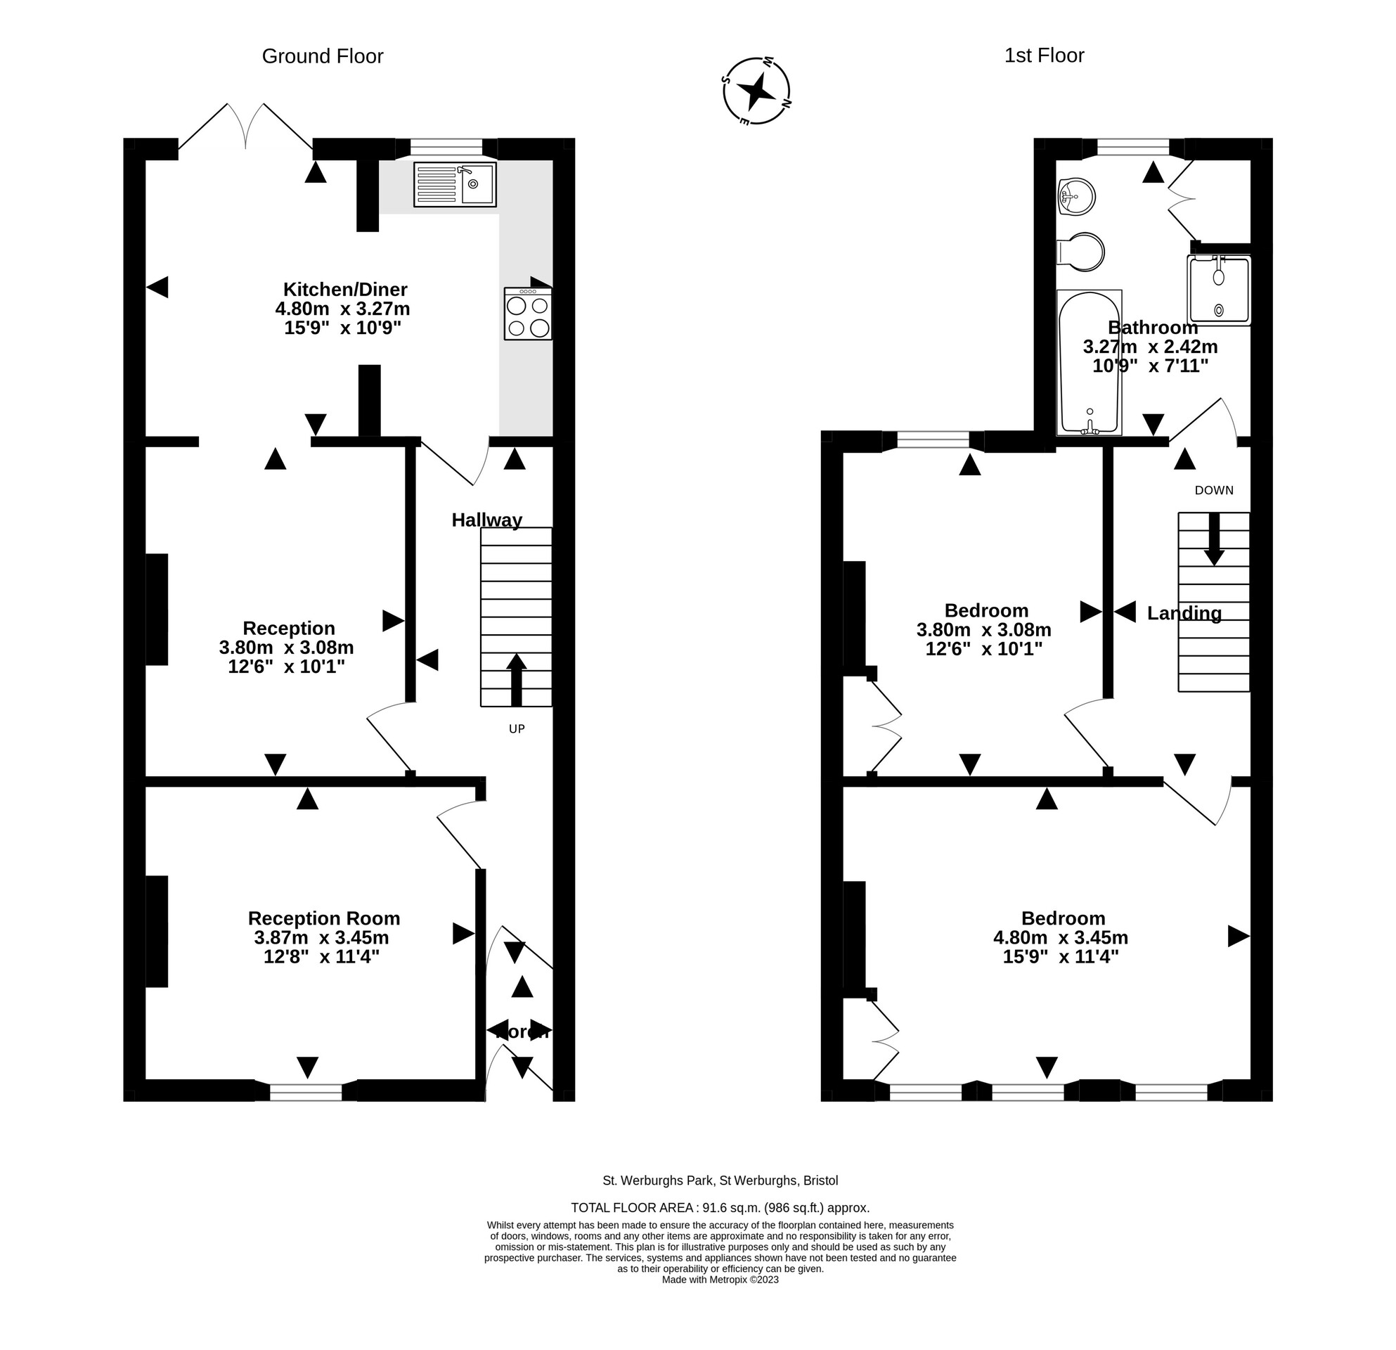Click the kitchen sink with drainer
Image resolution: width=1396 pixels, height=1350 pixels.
click(x=454, y=184)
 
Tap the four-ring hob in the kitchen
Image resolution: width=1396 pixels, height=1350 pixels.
click(x=528, y=314)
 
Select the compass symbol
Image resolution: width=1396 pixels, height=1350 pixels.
click(x=756, y=91)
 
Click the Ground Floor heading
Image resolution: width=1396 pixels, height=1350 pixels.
click(x=323, y=56)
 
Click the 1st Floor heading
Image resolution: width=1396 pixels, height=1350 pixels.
click(x=1043, y=56)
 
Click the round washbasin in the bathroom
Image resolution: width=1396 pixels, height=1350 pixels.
click(x=1077, y=196)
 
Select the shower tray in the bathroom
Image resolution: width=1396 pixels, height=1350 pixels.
click(x=1219, y=290)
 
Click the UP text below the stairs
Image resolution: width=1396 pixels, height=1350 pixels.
click(x=517, y=728)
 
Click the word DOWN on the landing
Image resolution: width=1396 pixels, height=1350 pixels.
click(x=1214, y=490)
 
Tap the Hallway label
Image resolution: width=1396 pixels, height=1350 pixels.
click(x=486, y=520)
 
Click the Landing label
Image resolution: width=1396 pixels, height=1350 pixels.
click(x=1184, y=613)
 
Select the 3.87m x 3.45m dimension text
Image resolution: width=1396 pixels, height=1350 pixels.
click(x=321, y=937)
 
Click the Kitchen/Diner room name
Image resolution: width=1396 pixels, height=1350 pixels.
click(x=344, y=289)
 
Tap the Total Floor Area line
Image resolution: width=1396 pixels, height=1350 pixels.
click(x=719, y=1207)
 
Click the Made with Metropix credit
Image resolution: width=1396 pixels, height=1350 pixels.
click(x=719, y=1280)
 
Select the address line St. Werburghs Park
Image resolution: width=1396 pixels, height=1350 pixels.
click(x=719, y=1181)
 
